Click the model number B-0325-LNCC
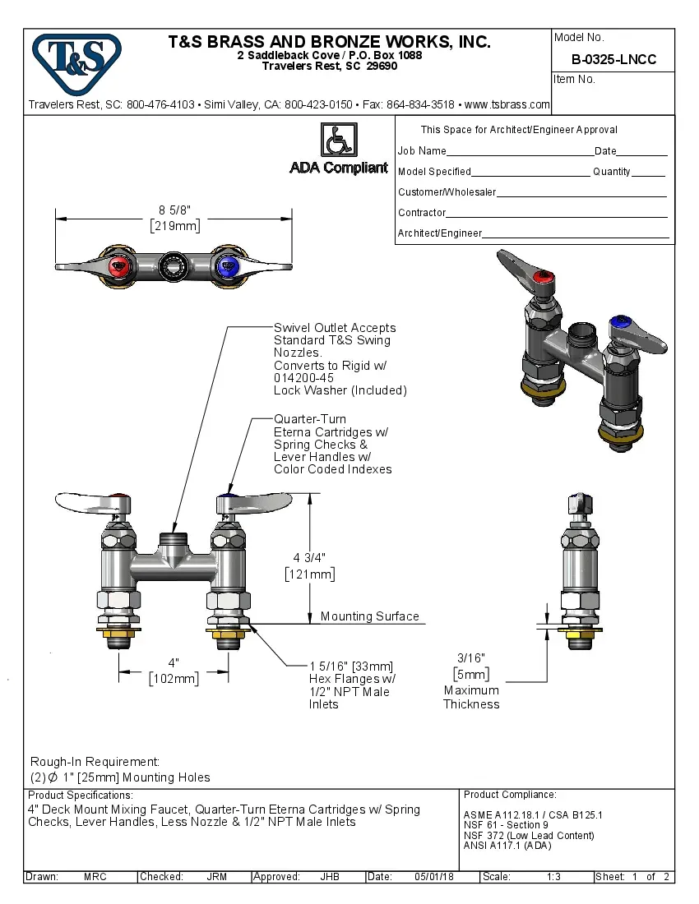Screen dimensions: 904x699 click(613, 59)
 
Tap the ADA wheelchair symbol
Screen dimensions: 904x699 click(338, 139)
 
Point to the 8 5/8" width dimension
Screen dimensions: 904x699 click(174, 210)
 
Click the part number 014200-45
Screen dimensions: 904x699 click(303, 378)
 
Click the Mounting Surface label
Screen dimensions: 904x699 click(369, 616)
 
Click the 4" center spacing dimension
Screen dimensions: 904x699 click(174, 662)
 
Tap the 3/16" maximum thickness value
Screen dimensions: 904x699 click(471, 657)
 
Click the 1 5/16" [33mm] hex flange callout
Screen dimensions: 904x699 click(351, 666)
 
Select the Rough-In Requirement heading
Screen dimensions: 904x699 click(95, 762)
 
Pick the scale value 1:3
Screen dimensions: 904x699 click(553, 877)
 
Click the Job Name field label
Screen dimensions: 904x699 click(422, 151)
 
